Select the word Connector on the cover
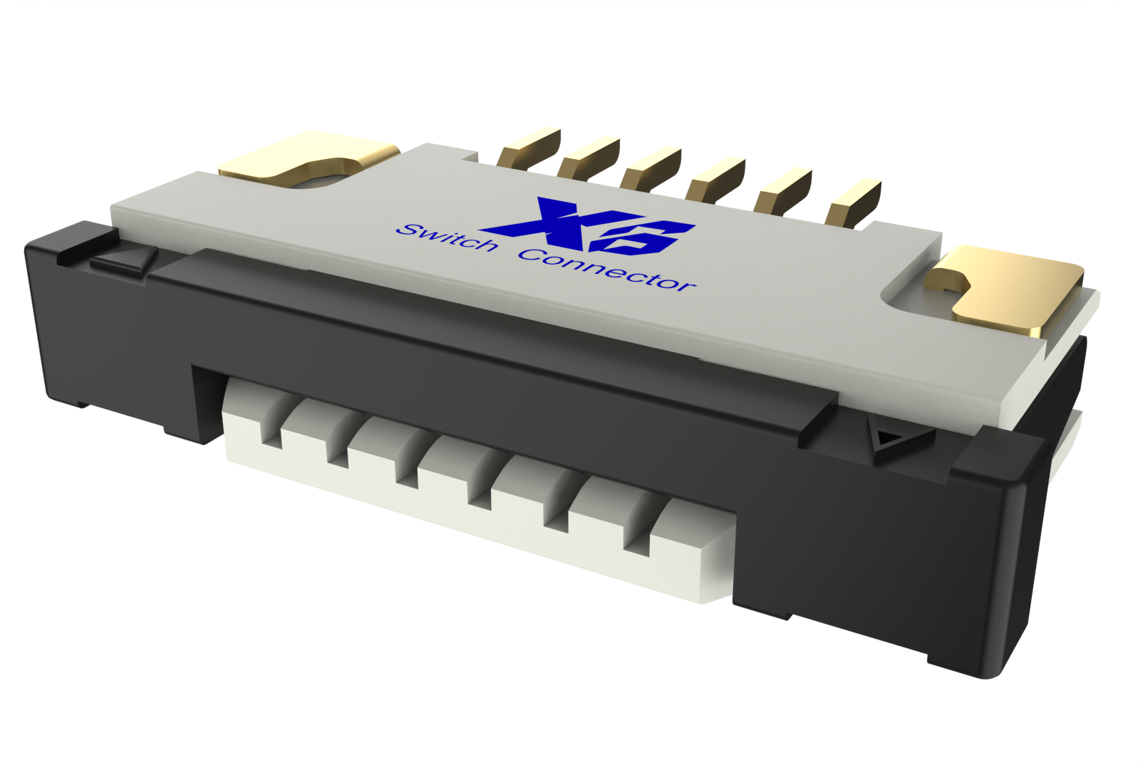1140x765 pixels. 606,269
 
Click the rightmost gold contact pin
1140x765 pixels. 854,203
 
